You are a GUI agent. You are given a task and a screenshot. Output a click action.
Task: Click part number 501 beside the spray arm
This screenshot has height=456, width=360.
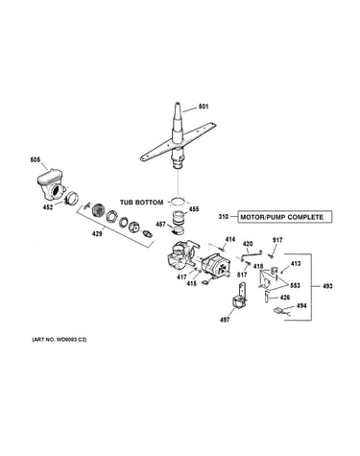point(204,107)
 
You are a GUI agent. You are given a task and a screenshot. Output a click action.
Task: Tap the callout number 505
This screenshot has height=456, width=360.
point(36,159)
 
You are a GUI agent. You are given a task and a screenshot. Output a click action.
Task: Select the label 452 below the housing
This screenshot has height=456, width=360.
point(48,207)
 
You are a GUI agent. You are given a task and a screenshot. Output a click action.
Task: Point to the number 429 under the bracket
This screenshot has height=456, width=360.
point(97,234)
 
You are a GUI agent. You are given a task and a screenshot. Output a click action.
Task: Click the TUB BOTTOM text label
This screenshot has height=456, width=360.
point(141,203)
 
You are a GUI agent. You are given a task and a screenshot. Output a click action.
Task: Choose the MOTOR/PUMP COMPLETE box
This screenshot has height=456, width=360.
point(285,217)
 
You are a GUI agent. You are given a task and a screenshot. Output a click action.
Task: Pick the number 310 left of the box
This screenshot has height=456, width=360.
point(224,217)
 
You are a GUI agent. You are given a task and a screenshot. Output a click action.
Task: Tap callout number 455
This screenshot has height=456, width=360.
point(194,209)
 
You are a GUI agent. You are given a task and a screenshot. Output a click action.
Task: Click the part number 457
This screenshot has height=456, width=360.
point(160,225)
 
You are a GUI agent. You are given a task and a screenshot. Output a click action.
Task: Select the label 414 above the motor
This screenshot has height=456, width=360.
point(230,239)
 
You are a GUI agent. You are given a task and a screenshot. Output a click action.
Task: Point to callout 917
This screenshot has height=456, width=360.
point(277,240)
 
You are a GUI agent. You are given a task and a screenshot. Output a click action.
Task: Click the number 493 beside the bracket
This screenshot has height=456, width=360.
point(327,286)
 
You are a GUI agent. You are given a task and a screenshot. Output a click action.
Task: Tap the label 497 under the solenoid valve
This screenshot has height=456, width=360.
point(225,320)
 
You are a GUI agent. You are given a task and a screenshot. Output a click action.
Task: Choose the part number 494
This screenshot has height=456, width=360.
point(301,305)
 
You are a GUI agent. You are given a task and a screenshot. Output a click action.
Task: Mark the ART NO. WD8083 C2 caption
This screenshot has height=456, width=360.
point(60,340)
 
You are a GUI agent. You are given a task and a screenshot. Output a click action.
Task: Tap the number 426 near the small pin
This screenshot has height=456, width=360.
point(285,298)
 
